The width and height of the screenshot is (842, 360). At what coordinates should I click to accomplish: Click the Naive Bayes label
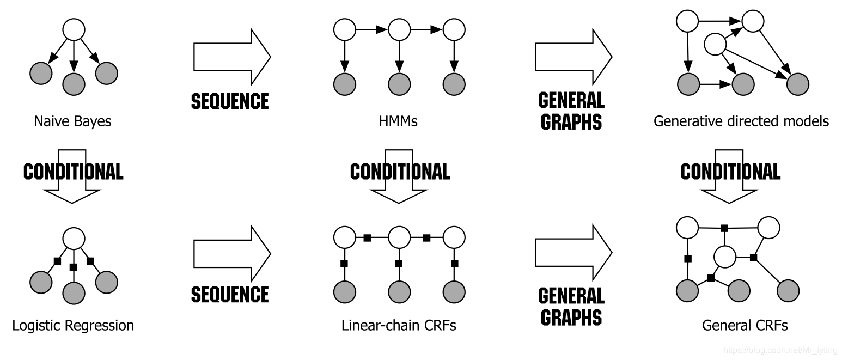[x=72, y=120]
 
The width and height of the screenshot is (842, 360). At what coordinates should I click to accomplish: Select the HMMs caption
[x=398, y=120]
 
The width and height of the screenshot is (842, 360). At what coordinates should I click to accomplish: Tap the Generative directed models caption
[x=741, y=120]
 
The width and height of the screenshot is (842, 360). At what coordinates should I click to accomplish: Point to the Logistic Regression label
[x=72, y=325]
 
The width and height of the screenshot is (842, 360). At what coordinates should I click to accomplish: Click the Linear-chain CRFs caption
[x=399, y=325]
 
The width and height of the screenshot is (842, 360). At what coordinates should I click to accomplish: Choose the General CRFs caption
[x=745, y=325]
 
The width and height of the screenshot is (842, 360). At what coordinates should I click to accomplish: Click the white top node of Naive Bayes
[x=74, y=29]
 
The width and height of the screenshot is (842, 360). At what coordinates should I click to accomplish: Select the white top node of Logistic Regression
[x=74, y=238]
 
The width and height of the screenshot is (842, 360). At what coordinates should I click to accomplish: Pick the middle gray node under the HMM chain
[x=399, y=84]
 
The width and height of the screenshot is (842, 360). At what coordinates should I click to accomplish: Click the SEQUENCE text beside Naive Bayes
[x=230, y=101]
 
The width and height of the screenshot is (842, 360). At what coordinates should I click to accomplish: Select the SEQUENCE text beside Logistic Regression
[x=230, y=294]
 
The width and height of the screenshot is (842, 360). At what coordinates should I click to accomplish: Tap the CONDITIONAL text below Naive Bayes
[x=73, y=172]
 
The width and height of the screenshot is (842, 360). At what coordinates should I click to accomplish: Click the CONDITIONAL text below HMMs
[x=400, y=172]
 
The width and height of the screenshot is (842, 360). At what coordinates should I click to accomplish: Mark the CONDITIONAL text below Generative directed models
[x=730, y=172]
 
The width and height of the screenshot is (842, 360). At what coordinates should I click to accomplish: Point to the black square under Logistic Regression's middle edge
[x=74, y=267]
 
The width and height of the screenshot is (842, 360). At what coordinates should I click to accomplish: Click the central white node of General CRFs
[x=725, y=256]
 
